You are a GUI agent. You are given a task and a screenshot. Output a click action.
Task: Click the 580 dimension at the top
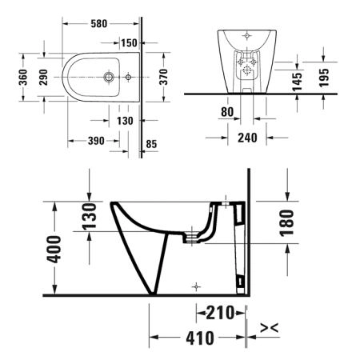99,24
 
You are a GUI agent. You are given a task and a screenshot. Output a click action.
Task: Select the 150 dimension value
129,43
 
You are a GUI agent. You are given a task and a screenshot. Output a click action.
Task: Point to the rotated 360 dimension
23,77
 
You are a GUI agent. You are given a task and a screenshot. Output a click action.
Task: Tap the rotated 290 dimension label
43,77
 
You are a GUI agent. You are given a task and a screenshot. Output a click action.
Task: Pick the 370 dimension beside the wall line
163,77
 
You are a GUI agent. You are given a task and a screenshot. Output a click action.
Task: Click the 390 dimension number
96,141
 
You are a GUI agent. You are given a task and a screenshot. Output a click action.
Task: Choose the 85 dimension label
151,144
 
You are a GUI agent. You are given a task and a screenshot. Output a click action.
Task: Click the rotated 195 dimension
324,78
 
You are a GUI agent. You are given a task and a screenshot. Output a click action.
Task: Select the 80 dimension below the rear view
227,112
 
